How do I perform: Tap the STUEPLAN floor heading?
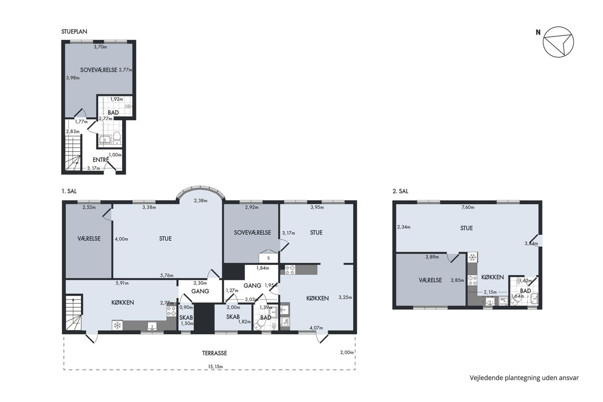[74, 31]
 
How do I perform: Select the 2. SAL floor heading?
[400, 191]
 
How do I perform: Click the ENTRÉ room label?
[101, 160]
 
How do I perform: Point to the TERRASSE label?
[214, 353]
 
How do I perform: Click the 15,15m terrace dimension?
[215, 367]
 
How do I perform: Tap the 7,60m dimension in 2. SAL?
[468, 207]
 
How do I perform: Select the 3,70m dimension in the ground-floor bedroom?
[100, 47]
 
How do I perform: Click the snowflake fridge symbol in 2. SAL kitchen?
[472, 258]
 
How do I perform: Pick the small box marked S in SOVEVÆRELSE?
[268, 258]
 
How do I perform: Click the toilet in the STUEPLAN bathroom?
[117, 138]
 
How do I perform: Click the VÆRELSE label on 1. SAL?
[89, 239]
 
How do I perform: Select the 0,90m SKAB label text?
[186, 307]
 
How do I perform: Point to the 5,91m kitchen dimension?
[122, 283]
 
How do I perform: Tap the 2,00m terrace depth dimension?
[347, 352]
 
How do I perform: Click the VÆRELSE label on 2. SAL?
[430, 280]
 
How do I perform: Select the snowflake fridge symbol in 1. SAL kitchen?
[117, 326]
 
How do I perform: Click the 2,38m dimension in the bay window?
[201, 201]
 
